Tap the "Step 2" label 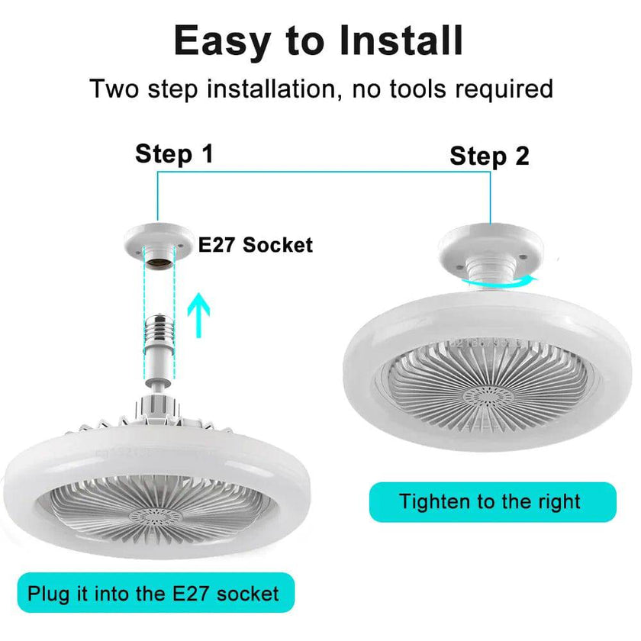coord(489,156)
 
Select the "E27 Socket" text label coord(256,245)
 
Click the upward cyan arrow coord(198,314)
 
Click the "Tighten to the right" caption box coord(492,502)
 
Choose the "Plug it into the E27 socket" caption coord(153,593)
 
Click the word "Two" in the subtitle coord(114,89)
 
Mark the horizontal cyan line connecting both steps coord(320,172)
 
